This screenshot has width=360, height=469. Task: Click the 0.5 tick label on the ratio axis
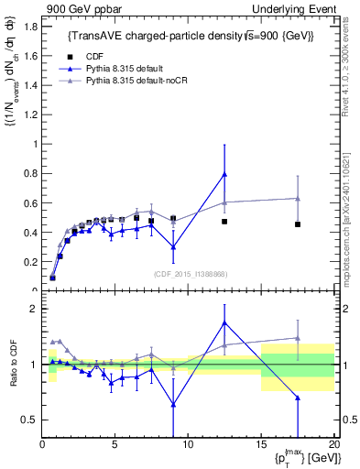pyautogui.click(x=29, y=420)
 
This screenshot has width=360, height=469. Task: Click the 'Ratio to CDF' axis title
pyautogui.click(x=12, y=365)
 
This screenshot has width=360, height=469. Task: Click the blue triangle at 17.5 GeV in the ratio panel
pyautogui.click(x=298, y=398)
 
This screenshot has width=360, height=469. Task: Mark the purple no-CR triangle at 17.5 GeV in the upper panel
pyautogui.click(x=298, y=198)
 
